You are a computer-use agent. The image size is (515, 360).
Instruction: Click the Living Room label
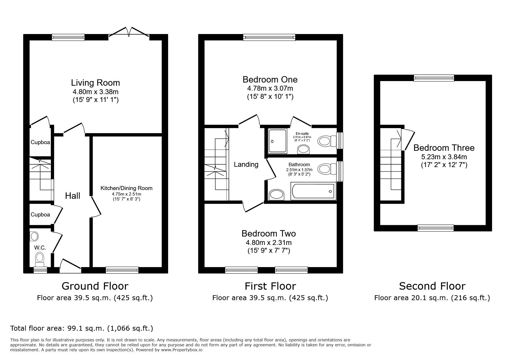pos(95,83)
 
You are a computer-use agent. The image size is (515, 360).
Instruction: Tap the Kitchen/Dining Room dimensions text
pos(126,197)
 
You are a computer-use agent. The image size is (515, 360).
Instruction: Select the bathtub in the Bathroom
pos(313,191)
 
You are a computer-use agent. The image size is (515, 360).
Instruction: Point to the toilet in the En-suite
pos(325,142)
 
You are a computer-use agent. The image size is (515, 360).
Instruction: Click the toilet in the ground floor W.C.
pos(39,259)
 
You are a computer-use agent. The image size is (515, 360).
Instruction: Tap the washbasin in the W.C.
pos(34,236)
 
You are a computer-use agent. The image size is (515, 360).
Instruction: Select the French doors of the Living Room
pos(129,33)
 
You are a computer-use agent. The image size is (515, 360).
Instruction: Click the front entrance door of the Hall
pos(70,266)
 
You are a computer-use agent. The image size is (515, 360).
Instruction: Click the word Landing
pos(246,164)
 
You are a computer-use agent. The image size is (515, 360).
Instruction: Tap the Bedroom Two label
pos(268,234)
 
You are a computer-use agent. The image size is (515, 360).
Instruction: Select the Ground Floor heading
pos(95,286)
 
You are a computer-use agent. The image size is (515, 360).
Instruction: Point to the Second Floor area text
pos(432,298)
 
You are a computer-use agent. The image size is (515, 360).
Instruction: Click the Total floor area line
pos(81,328)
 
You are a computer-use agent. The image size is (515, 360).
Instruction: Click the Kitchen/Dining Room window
pos(122,270)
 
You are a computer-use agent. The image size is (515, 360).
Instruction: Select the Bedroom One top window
pos(269,37)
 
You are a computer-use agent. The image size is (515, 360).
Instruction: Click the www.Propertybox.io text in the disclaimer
pos(181,350)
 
